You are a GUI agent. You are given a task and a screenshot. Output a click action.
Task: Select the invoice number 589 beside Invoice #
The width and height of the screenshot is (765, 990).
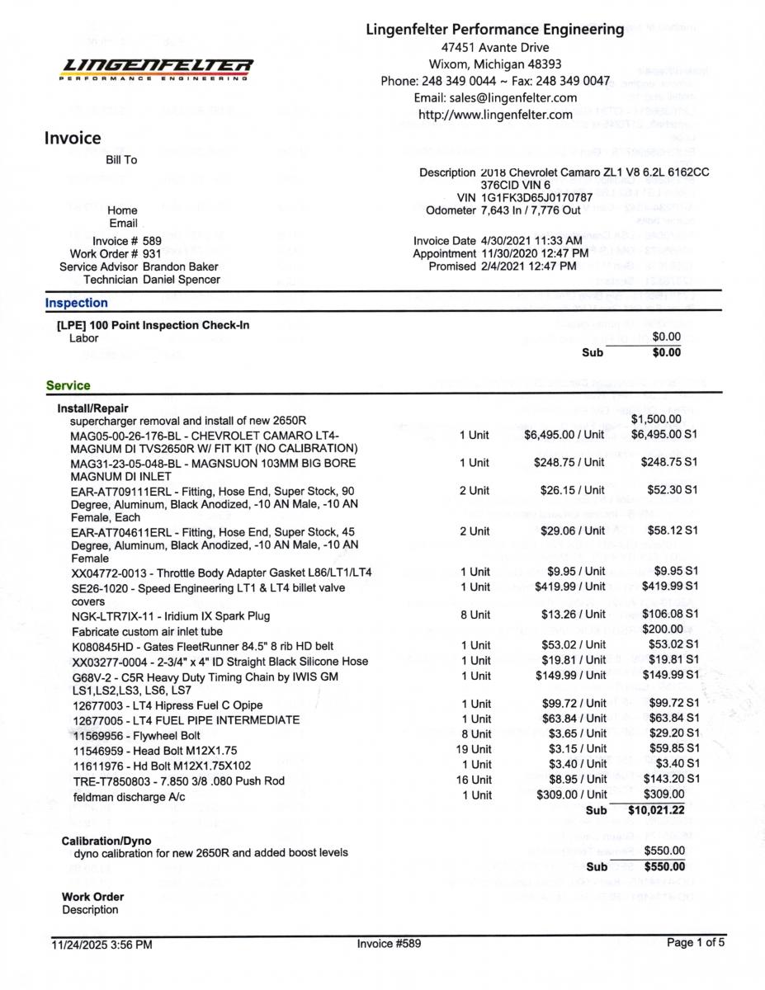click(152, 241)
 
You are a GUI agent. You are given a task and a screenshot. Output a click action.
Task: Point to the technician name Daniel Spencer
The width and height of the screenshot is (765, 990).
click(181, 280)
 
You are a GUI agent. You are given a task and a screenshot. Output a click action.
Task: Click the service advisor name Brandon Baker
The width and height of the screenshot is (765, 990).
click(180, 266)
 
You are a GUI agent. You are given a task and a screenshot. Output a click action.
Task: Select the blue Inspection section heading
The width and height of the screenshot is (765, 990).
click(76, 303)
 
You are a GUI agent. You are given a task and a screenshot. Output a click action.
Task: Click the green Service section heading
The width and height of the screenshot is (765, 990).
click(68, 385)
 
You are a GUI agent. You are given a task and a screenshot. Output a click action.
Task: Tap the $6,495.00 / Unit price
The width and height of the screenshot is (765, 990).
click(564, 434)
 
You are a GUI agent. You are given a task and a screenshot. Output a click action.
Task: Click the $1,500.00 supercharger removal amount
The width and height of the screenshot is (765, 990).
click(656, 420)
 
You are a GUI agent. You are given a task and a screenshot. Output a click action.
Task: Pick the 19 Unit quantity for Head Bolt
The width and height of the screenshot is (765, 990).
click(474, 749)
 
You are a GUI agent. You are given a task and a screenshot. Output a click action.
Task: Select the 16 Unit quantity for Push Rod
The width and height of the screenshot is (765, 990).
click(474, 779)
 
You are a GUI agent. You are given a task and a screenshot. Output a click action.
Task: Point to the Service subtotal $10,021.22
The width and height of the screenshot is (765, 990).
click(656, 810)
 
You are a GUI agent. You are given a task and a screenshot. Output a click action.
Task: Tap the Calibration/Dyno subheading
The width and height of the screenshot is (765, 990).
click(106, 840)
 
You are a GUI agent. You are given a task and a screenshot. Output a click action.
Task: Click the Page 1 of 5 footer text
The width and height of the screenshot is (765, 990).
click(696, 943)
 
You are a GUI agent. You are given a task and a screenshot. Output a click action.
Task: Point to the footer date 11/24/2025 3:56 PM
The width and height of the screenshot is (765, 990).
click(102, 945)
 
